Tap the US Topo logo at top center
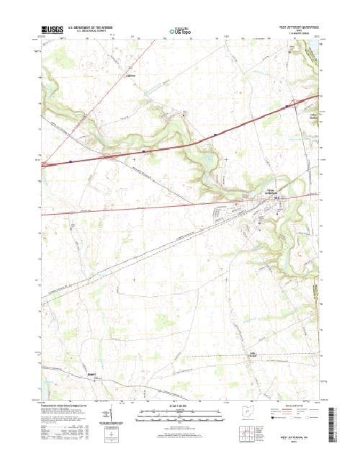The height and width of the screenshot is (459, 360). (x=180, y=32)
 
